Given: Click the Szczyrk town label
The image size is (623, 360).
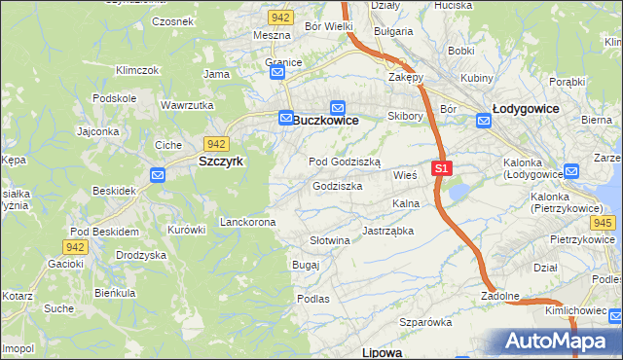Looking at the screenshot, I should tap(221, 162).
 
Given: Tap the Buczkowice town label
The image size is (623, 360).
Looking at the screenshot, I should tap(326, 120).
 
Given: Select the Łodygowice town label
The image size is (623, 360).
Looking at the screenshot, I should tap(526, 109).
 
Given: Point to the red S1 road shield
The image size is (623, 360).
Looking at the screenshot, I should tap(442, 168).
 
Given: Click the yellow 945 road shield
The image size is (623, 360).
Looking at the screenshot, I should tap(604, 223).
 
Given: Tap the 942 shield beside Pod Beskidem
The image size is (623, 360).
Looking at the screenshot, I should tap(77, 247).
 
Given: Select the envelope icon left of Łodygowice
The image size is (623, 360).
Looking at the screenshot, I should tap(484, 121).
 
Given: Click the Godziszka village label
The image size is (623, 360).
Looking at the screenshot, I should tap(338, 186).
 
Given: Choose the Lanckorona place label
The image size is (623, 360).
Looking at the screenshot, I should tap(248, 222).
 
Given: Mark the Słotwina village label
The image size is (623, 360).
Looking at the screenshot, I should tap(329, 240).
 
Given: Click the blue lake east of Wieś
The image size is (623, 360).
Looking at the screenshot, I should tap(458, 192).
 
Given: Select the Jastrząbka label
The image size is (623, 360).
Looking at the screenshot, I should tap(388, 232).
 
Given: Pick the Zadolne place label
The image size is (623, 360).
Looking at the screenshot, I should tap(500, 296).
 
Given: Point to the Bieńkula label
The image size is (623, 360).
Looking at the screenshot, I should tap(114, 292).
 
